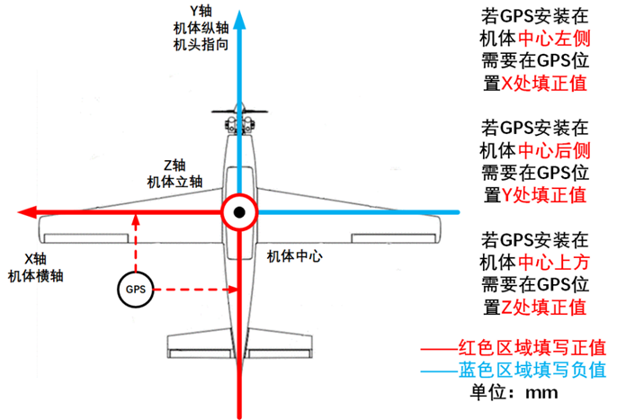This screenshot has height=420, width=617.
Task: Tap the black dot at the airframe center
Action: pyautogui.click(x=239, y=212)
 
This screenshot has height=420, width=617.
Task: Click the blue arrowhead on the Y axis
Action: pyautogui.click(x=239, y=20)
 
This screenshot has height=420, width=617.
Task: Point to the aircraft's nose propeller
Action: pyautogui.click(x=239, y=112)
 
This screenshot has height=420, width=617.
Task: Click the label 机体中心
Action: pyautogui.click(x=295, y=256)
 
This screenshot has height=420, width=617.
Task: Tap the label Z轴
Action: pyautogui.click(x=174, y=165)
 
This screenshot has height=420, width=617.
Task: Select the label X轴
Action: pyautogui.click(x=35, y=259)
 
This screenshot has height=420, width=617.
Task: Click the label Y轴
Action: pyautogui.click(x=201, y=11)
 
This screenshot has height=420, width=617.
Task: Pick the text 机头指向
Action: pyautogui.click(x=201, y=44)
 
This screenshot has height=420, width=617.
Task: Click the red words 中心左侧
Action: pyautogui.click(x=554, y=39)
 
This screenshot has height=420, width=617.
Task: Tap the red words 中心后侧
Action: pyautogui.click(x=554, y=150)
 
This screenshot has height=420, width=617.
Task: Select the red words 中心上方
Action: pyautogui.click(x=554, y=262)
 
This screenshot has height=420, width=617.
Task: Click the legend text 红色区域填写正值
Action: pyautogui.click(x=532, y=347)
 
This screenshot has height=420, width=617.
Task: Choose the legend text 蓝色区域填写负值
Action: pyautogui.click(x=532, y=370)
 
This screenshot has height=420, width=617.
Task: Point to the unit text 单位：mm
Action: pyautogui.click(x=514, y=392)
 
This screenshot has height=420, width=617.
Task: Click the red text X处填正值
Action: pyautogui.click(x=544, y=84)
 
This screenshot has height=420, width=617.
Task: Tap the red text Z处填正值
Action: pyautogui.click(x=544, y=307)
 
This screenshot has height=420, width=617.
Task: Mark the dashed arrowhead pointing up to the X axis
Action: pyautogui.click(x=136, y=219)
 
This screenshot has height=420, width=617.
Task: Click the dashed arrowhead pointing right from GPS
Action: pyautogui.click(x=233, y=290)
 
